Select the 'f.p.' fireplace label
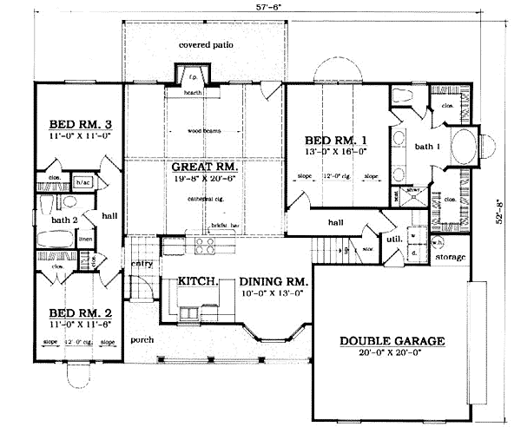[192, 76]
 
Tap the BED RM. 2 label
[71, 312]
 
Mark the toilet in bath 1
[401, 95]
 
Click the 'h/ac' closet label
[84, 182]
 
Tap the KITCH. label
[197, 281]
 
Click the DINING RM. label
[271, 281]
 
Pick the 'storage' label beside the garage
[451, 258]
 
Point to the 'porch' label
[142, 339]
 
